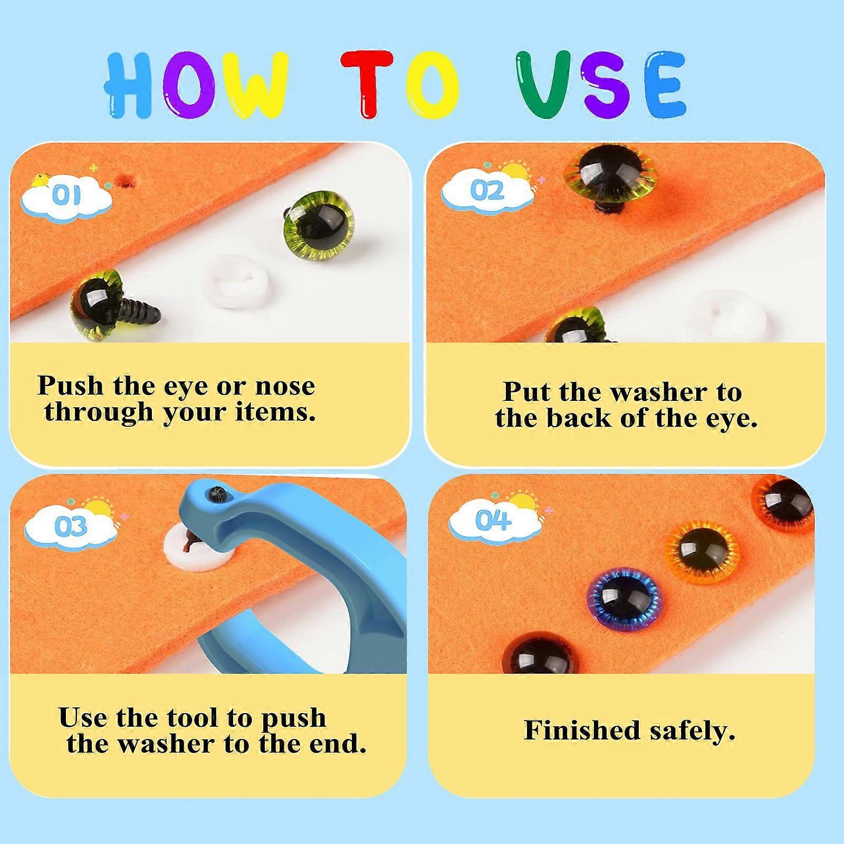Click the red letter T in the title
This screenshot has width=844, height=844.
pyautogui.click(x=367, y=83)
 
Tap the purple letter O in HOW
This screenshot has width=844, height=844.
pyautogui.click(x=188, y=84)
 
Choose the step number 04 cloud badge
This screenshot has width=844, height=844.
pyautogui.click(x=493, y=522)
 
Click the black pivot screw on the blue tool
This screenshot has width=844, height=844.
pyautogui.click(x=216, y=494)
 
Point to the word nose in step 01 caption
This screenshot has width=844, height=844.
pyautogui.click(x=285, y=387)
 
